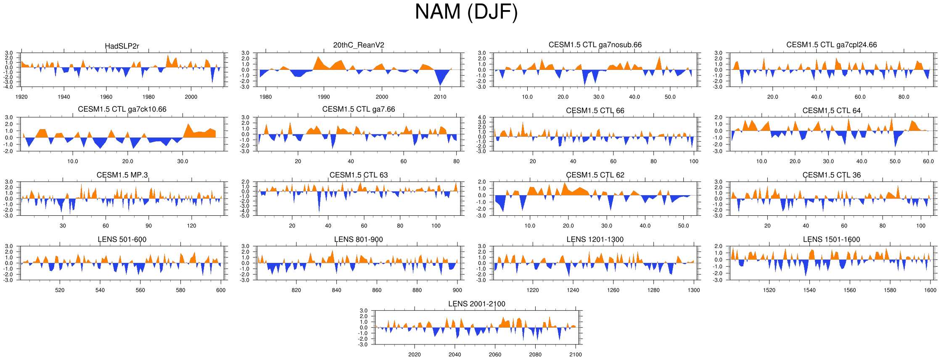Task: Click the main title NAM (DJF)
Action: tap(466, 12)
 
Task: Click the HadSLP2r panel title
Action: tap(122, 46)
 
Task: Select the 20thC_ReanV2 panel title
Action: tap(358, 45)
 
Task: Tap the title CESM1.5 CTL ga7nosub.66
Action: tap(595, 45)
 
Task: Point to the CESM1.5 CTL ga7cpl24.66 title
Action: tap(831, 45)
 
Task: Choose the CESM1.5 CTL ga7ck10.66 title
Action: tap(122, 109)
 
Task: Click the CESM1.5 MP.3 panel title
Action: tap(122, 175)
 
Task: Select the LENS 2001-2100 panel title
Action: tap(476, 304)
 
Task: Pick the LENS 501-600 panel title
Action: tap(122, 239)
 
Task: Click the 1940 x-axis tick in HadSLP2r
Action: tap(64, 97)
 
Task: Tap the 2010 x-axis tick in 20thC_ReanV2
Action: tap(440, 97)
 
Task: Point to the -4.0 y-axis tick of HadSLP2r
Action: tap(9, 87)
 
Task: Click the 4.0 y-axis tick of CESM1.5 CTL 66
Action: tap(482, 117)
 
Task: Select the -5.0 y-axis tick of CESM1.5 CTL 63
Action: tap(245, 216)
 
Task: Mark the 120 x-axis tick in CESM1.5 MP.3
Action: tap(191, 226)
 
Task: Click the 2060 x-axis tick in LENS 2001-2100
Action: tap(495, 355)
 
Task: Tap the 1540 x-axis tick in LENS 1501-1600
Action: tap(809, 290)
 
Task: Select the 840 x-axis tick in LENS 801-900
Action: tap(336, 290)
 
